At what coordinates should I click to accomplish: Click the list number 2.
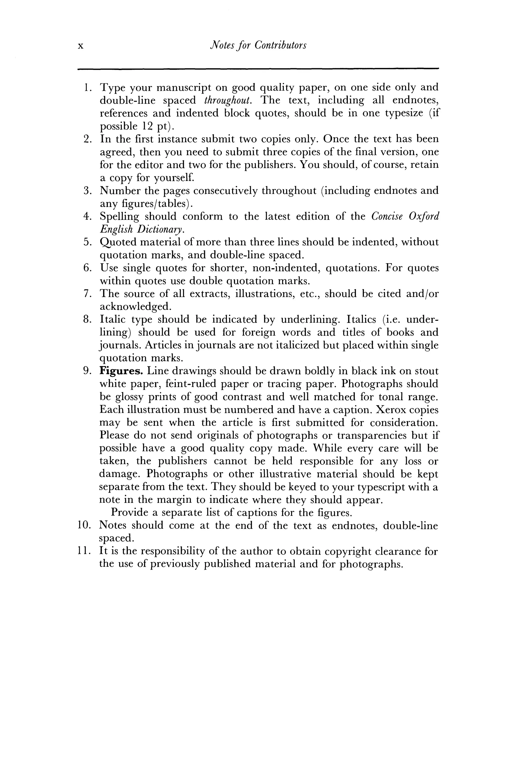[x=87, y=139]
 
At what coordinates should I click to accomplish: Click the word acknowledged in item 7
[x=135, y=307]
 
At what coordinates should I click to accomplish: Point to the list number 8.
[x=87, y=320]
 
